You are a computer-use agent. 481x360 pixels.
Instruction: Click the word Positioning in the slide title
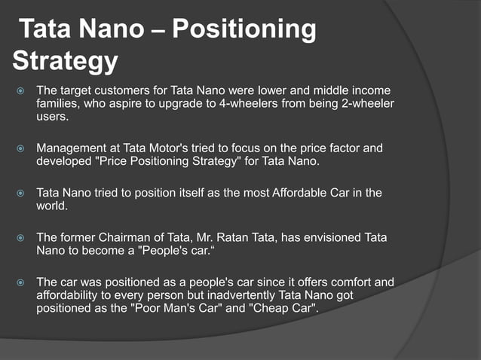pos(244,31)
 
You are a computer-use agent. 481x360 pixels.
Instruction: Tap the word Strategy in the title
pos(66,62)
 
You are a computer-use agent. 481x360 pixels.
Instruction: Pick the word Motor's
pos(189,148)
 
